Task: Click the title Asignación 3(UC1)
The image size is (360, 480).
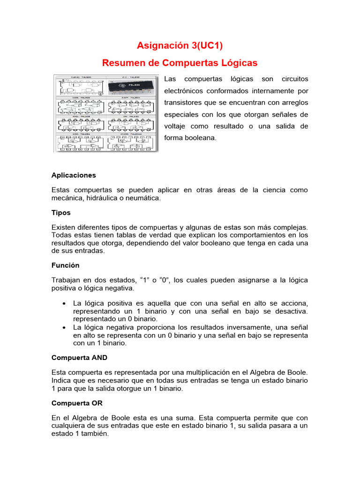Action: [180, 45]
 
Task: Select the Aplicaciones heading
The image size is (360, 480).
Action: [74, 175]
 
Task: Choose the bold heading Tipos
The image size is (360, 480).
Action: [61, 212]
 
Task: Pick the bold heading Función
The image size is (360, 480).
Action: [65, 265]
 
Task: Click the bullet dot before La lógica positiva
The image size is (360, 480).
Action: [63, 303]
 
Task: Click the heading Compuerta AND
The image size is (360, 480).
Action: [79, 357]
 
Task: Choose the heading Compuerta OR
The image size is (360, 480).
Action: [77, 403]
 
